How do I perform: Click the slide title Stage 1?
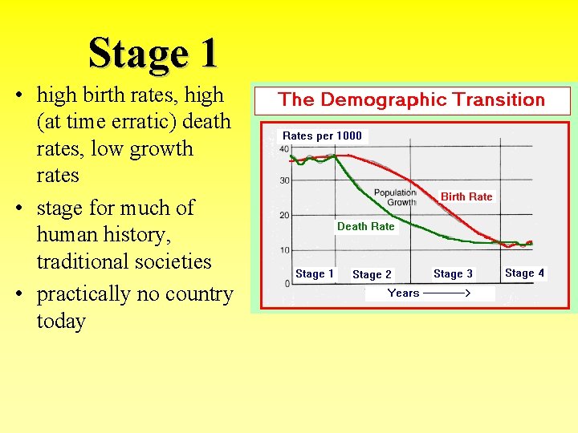pos(153,53)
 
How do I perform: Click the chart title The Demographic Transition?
pos(411,100)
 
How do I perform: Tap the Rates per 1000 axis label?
pos(322,136)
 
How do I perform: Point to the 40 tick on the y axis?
pos(285,148)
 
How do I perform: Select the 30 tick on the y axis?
pos(285,180)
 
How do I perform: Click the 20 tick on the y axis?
pos(285,216)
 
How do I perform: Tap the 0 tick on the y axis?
pos(287,284)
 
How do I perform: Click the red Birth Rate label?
pos(466,196)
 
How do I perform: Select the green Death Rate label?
pos(365,226)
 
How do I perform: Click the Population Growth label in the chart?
pos(395,197)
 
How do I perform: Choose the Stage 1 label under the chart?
pos(315,273)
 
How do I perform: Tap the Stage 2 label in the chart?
pos(372,274)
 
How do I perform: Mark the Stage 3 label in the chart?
pos(453,273)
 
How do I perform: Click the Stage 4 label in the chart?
pos(524,273)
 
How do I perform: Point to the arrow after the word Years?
pos(446,293)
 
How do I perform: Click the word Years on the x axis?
pos(403,293)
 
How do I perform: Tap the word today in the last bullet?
pos(61,321)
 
